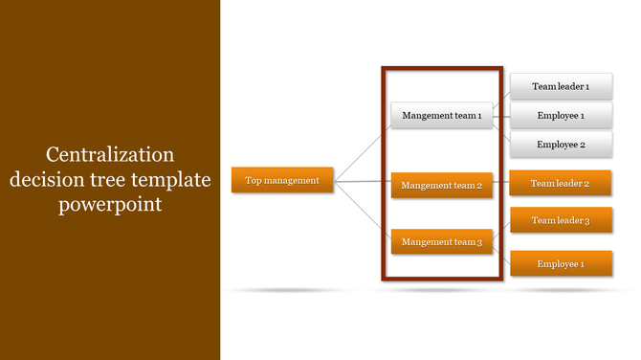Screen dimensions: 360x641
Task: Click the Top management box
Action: [282, 179]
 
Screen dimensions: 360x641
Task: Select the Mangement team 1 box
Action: [441, 115]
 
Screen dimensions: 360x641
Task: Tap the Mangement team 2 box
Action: [441, 185]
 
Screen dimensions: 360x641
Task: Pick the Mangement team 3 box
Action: [441, 242]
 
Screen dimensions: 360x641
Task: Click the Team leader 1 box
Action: [560, 86]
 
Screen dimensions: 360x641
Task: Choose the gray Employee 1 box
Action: [560, 116]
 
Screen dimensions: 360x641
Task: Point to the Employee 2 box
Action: [560, 145]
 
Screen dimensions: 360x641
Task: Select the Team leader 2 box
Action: [560, 183]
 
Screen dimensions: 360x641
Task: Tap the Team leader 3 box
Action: [560, 220]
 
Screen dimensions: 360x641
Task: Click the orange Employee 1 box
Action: [560, 263]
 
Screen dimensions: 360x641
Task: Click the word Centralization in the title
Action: [110, 154]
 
